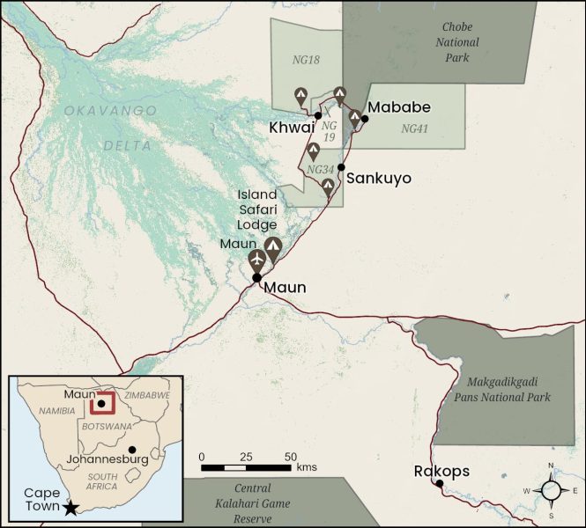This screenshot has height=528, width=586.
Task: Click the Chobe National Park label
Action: [456, 43]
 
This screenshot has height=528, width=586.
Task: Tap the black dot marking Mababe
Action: [365, 119]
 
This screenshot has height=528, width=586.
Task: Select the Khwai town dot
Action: [317, 115]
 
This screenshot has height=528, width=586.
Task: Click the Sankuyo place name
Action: [379, 178]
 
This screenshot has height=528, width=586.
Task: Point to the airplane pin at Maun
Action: [256, 260]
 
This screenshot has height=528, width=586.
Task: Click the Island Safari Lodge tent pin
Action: [273, 248]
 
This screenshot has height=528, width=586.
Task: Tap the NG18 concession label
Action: [306, 60]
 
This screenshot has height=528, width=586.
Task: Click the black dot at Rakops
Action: [439, 483]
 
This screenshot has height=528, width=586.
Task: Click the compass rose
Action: [551, 490]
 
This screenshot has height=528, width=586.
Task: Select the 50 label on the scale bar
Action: [291, 456]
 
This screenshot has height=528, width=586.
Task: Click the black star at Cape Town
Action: [70, 508]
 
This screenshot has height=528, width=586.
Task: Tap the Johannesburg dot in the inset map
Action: [132, 450]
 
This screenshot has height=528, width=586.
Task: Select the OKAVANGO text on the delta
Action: [110, 111]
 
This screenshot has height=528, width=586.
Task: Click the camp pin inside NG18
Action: [300, 94]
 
